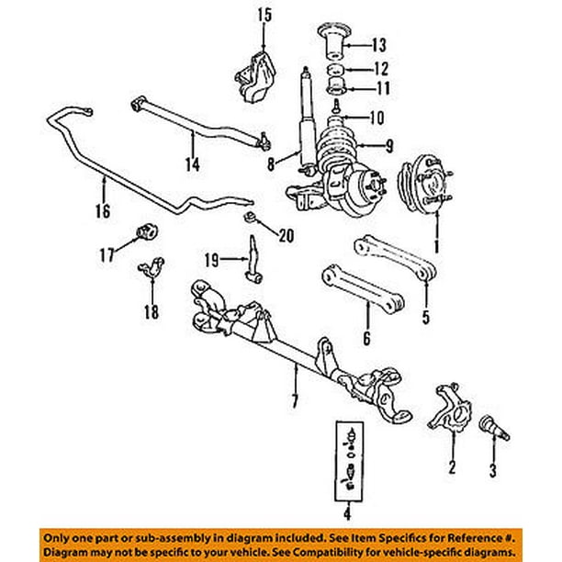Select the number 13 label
click(x=354, y=43)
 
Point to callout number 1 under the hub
click(x=436, y=246)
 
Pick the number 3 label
click(x=492, y=472)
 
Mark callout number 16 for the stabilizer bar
click(x=102, y=210)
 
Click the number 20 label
click(x=286, y=236)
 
